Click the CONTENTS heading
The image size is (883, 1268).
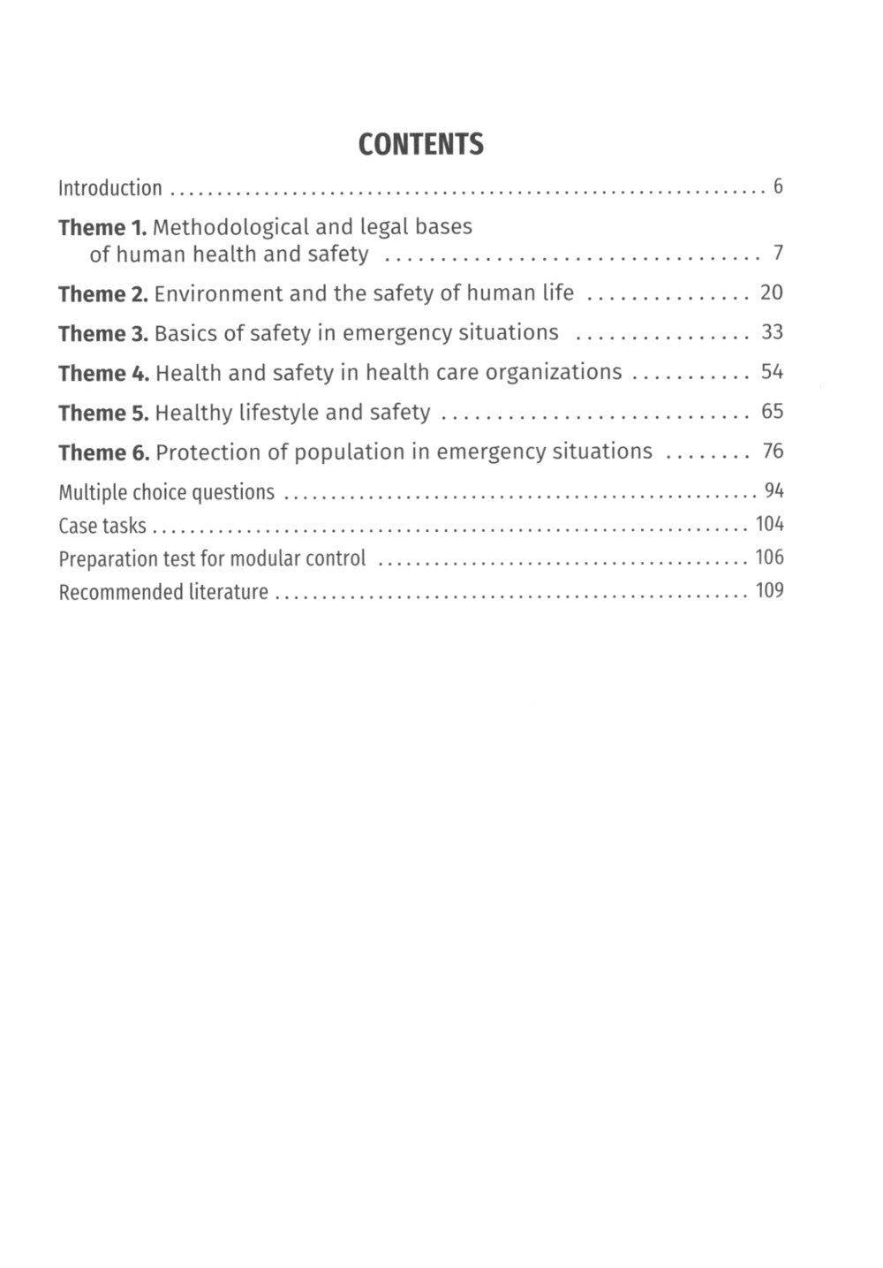tap(421, 144)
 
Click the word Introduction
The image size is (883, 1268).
tap(110, 187)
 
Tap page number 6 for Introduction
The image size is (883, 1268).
tap(778, 186)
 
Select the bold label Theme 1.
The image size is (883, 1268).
tap(102, 228)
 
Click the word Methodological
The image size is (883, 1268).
tap(231, 227)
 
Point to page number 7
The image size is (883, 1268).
tap(778, 254)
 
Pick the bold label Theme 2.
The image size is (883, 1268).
tap(102, 294)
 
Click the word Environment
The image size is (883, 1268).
tap(218, 293)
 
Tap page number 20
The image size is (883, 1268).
tap(772, 292)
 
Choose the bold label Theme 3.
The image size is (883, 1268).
tap(102, 334)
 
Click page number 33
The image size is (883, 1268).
tap(773, 332)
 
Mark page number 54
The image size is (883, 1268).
tap(773, 372)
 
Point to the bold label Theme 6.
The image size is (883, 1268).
tap(103, 453)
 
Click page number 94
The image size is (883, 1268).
tap(774, 490)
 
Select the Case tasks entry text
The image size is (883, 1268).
tap(102, 526)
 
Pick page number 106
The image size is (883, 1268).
tap(770, 558)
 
